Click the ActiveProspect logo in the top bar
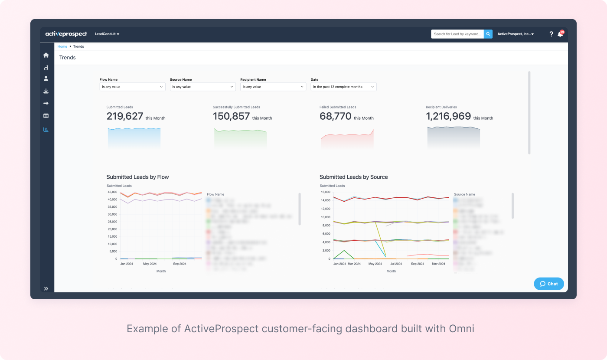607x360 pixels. tap(66, 34)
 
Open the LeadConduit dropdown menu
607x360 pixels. tap(107, 34)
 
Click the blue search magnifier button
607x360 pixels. tap(488, 34)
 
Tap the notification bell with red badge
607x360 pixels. tap(560, 34)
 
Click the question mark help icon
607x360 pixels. tap(551, 34)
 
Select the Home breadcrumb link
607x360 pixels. tap(62, 46)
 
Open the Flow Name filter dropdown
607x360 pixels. tap(132, 87)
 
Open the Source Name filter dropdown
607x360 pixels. tap(202, 87)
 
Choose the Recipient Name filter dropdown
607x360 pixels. tap(273, 87)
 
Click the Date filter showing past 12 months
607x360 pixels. tap(343, 87)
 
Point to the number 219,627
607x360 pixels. tap(125, 116)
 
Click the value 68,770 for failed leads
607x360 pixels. tap(335, 116)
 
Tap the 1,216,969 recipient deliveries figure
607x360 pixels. tap(448, 116)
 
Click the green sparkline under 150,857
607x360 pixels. tap(240, 138)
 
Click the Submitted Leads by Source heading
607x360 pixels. tap(353, 177)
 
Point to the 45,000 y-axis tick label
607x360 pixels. tap(112, 192)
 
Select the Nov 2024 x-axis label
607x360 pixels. tap(438, 264)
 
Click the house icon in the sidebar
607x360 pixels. tap(46, 55)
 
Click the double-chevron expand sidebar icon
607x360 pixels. tap(46, 288)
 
